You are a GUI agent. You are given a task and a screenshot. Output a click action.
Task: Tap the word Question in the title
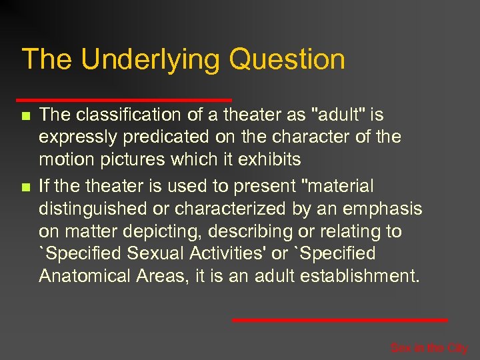(x=287, y=59)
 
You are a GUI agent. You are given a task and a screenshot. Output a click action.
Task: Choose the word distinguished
(x=93, y=209)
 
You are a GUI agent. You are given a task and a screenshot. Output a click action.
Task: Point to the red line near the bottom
(x=340, y=320)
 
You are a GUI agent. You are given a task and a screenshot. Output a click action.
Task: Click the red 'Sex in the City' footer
(x=429, y=348)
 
